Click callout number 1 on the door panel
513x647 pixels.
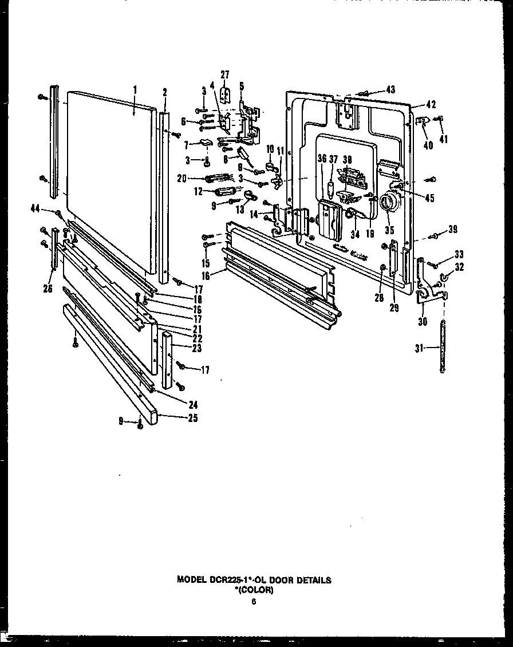135,90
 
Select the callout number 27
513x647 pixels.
224,74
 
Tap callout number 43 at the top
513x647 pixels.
390,89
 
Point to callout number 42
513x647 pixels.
431,105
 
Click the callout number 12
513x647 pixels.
199,191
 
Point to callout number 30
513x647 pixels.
423,321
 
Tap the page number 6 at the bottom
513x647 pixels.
254,601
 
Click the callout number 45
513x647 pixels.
429,199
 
